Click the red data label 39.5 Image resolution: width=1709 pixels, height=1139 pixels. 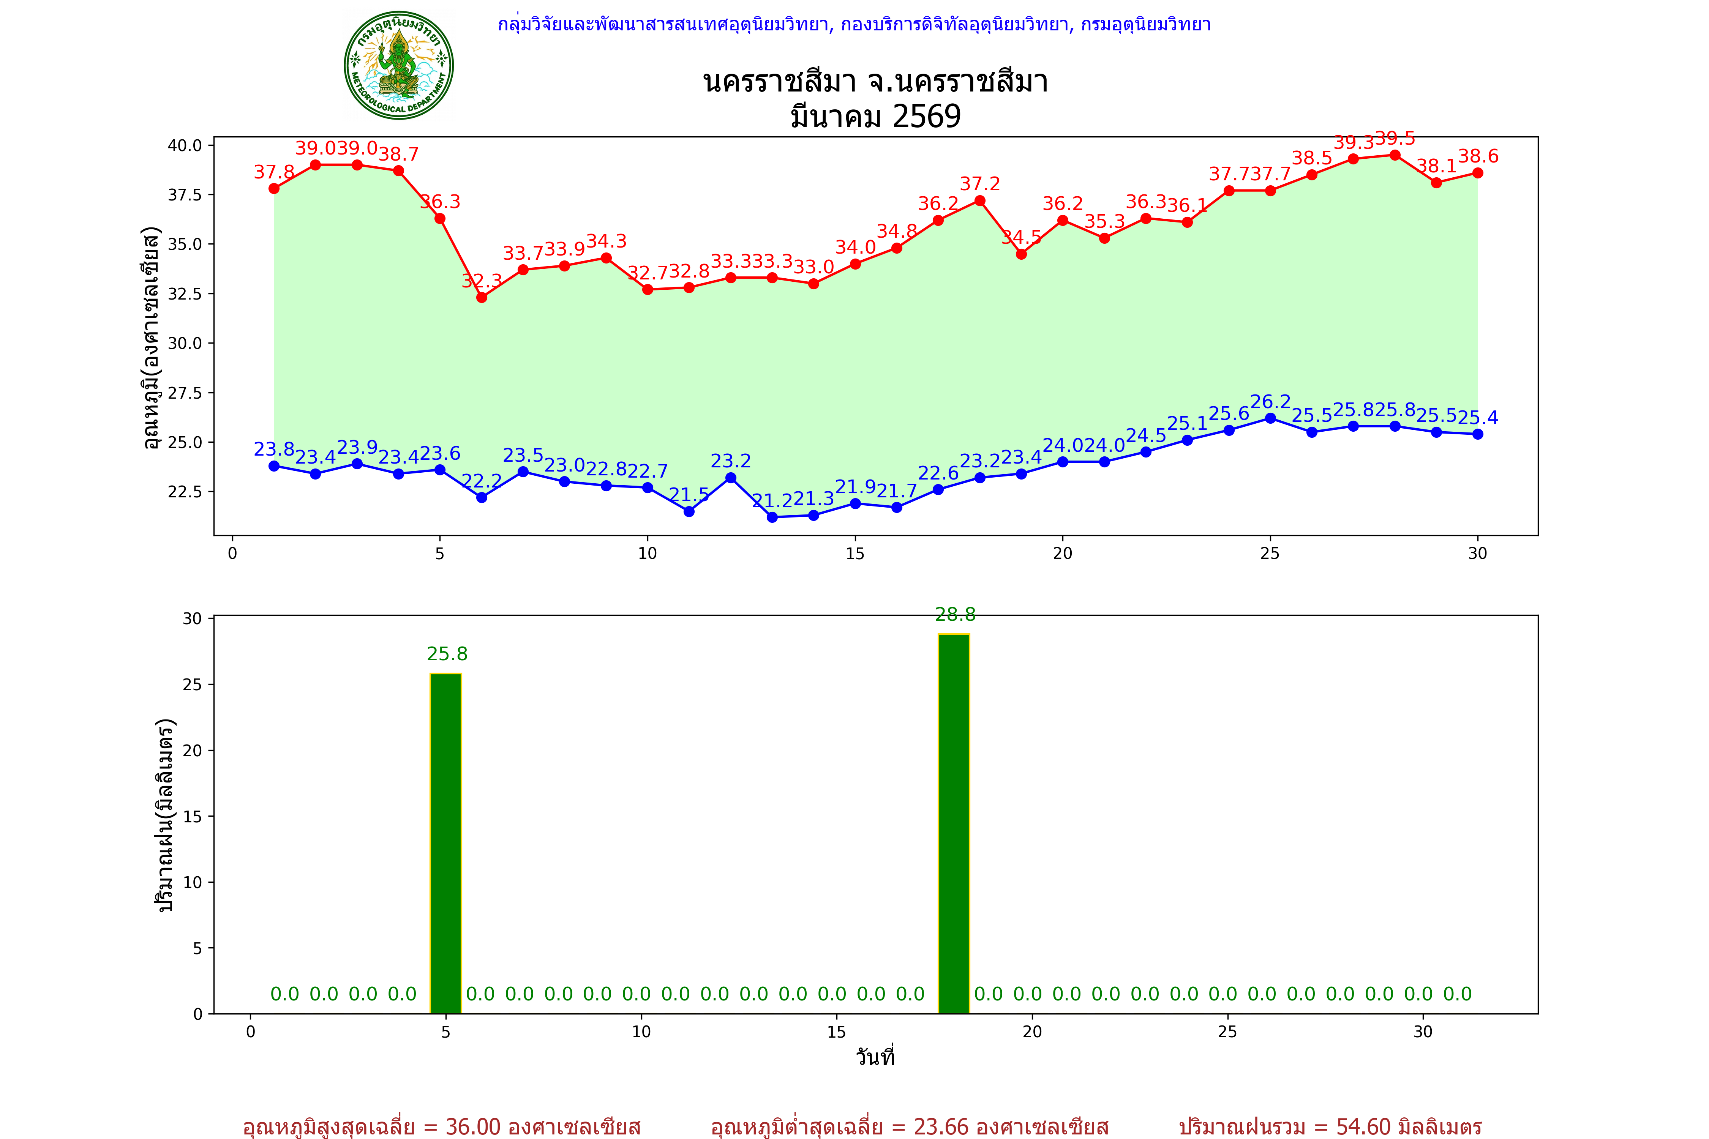tap(1395, 138)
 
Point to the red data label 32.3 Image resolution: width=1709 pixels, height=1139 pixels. tap(482, 281)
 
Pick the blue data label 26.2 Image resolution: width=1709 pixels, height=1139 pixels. tap(1270, 402)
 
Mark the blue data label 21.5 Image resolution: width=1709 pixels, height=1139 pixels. tap(689, 495)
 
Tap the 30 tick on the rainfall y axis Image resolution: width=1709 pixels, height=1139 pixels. tap(192, 619)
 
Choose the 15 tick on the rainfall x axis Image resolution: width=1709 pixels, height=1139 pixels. tap(836, 1032)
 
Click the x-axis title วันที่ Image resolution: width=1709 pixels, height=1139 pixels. tap(875, 1057)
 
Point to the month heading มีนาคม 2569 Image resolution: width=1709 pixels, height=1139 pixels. tap(875, 116)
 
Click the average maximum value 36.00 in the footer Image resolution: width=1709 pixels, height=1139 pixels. tap(473, 1126)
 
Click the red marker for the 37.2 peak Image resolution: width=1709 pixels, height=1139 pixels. tap(979, 200)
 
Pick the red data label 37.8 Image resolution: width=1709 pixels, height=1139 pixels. tap(274, 172)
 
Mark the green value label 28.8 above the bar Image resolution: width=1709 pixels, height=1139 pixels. tap(955, 615)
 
